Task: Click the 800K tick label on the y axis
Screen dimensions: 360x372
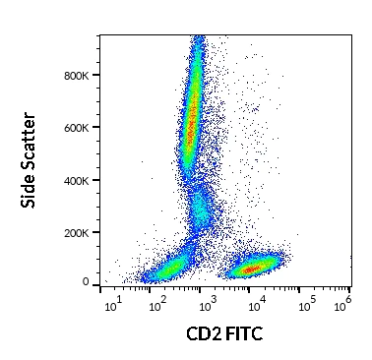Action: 80,75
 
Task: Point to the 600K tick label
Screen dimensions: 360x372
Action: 80,127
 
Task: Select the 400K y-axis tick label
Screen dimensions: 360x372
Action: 80,180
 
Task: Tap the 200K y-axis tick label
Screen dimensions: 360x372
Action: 80,232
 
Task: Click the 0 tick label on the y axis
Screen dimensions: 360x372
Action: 87,283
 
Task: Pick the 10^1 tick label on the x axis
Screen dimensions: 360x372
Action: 113,307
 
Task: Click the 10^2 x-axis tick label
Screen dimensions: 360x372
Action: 157,307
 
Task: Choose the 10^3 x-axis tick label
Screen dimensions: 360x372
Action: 206,307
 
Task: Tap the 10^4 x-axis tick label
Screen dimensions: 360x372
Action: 255,307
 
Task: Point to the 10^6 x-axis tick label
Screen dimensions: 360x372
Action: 343,307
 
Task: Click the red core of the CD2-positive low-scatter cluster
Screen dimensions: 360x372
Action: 252,268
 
